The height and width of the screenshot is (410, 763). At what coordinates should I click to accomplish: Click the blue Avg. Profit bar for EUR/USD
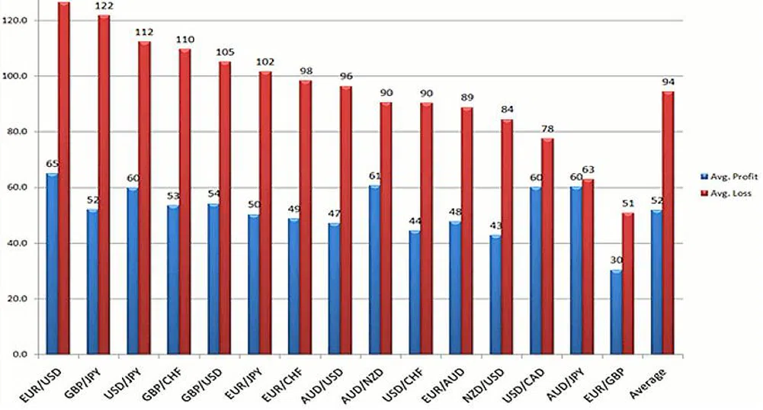(x=52, y=263)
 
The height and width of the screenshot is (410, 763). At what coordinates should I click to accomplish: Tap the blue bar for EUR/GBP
(x=616, y=312)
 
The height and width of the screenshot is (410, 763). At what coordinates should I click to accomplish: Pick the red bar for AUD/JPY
(x=588, y=266)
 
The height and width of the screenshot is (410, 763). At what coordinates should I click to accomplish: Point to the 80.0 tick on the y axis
(x=16, y=132)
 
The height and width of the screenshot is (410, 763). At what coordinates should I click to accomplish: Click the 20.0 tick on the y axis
(x=16, y=299)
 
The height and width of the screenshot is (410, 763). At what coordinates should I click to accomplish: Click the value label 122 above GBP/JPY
(x=104, y=7)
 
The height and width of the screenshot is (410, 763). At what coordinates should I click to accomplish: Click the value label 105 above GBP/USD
(x=226, y=53)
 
